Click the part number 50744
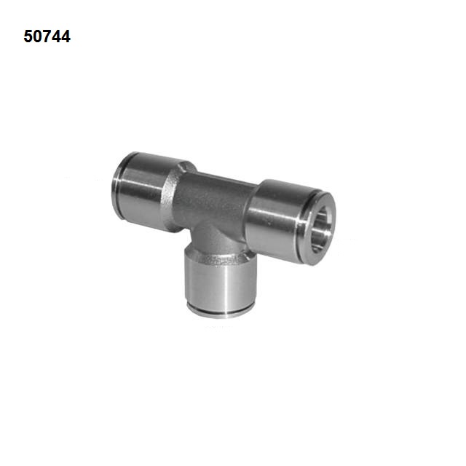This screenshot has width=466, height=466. click(47, 36)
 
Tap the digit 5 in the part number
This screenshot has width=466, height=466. click(28, 36)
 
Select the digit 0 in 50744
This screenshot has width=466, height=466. click(37, 36)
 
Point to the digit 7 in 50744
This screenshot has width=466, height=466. click(47, 36)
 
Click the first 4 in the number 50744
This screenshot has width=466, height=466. click(57, 36)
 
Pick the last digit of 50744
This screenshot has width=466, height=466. click(66, 36)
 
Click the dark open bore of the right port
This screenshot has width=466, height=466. click(321, 229)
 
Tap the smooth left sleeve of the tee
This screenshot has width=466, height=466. click(143, 190)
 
